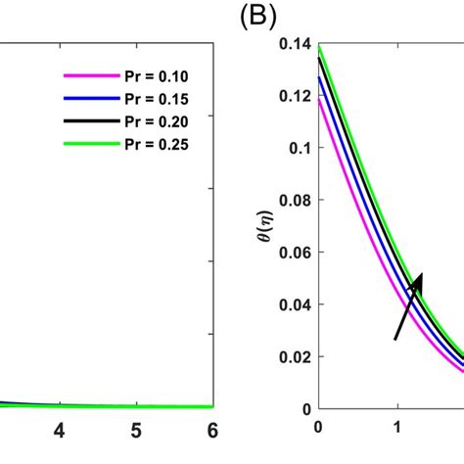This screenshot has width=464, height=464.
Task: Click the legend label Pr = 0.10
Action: (x=149, y=76)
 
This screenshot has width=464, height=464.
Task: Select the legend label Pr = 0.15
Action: (x=149, y=99)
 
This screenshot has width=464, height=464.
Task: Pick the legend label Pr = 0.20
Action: (x=149, y=121)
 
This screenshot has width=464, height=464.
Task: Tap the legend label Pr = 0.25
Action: (x=149, y=144)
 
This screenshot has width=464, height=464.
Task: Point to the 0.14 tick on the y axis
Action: (x=294, y=44)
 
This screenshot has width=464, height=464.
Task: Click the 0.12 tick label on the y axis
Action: (x=294, y=96)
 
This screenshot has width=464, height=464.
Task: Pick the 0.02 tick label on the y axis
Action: (x=294, y=357)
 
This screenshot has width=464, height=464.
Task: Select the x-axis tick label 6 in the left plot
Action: (x=212, y=431)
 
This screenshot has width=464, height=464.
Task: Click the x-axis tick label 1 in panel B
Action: (x=397, y=427)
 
